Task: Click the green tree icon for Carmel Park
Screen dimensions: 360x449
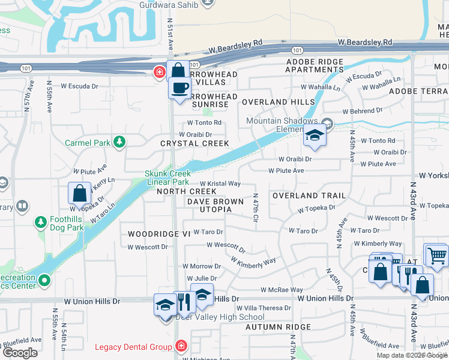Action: coord(120,142)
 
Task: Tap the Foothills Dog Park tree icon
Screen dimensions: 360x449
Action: coord(41,223)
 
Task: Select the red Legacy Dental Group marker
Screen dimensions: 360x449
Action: coord(181,347)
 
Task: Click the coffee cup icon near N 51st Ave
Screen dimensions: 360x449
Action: coord(179,89)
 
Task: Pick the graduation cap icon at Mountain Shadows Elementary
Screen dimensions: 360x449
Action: coord(314,136)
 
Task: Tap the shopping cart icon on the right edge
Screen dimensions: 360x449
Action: coord(436,255)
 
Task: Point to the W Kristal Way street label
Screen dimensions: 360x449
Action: coord(220,184)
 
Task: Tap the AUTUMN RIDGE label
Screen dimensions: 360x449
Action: coord(278,327)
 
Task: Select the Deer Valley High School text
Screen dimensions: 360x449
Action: coord(220,317)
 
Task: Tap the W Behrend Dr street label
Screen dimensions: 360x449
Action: coord(362,111)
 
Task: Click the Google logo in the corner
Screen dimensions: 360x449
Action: coord(20,353)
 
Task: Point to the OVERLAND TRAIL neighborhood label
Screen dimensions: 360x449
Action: coord(309,196)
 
